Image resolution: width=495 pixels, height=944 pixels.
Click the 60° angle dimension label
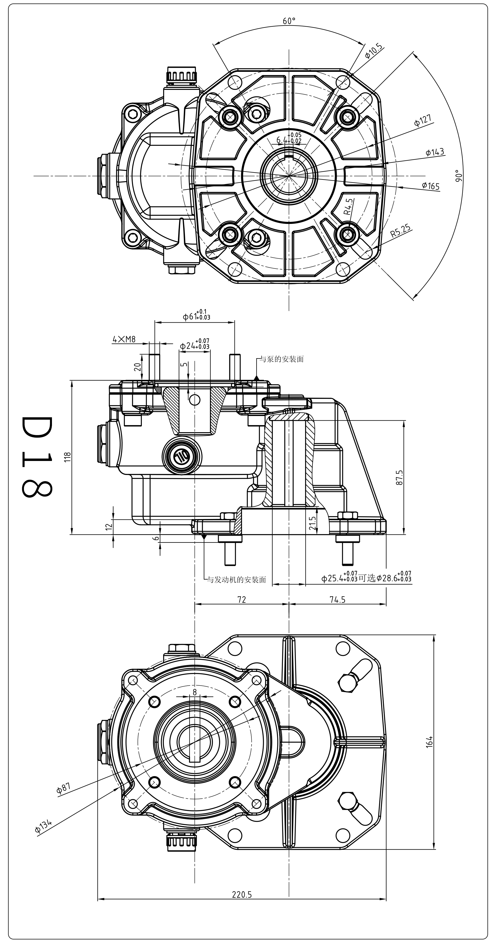[289, 21]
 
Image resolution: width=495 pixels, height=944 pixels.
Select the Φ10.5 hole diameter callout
[374, 52]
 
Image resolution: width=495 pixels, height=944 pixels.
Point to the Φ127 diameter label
[423, 121]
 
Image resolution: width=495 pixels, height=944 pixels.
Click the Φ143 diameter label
[435, 152]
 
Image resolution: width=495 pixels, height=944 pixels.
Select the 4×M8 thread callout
[124, 339]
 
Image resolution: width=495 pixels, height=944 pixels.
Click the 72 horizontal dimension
[242, 600]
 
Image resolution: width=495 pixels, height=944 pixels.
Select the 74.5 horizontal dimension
[337, 600]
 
